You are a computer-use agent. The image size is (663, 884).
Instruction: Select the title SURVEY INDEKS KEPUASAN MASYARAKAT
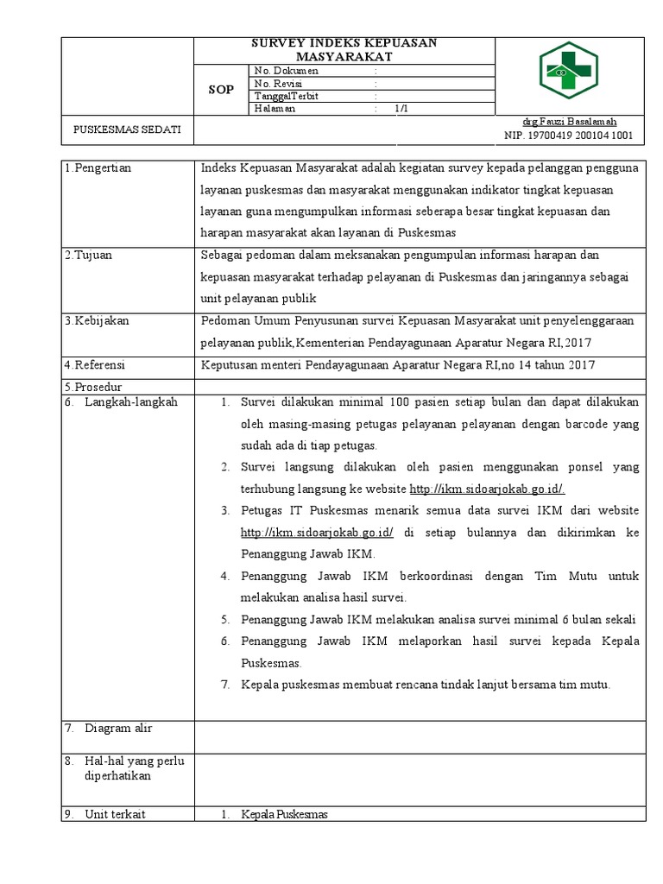tap(344, 50)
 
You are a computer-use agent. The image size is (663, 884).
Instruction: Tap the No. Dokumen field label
tap(286, 71)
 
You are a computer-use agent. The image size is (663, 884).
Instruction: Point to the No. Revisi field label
tap(281, 84)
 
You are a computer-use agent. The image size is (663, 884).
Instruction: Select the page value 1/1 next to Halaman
tap(401, 109)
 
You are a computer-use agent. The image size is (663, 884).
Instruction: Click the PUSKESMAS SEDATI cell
tap(128, 129)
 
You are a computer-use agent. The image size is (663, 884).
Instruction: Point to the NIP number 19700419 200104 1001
tap(569, 136)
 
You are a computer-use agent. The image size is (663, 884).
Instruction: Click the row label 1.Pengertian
tap(98, 168)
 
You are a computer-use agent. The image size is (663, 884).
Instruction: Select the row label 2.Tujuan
tap(90, 256)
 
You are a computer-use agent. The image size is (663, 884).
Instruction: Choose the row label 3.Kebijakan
tap(98, 320)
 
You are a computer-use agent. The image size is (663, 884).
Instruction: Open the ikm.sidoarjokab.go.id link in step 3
tap(317, 533)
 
